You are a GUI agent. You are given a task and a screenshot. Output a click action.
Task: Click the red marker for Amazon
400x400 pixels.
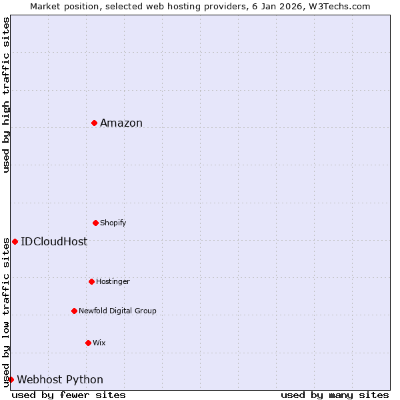95,123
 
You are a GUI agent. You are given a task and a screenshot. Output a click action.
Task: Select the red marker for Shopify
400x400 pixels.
96,223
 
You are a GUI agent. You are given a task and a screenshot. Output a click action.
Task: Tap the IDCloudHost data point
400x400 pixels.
15,241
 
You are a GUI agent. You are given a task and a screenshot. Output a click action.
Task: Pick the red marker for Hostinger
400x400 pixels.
92,281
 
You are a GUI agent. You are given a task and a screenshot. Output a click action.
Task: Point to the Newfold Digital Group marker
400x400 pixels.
75,311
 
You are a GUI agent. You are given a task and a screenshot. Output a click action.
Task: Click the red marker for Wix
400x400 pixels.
88,343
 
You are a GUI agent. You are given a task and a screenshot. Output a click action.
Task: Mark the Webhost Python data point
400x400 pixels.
11,379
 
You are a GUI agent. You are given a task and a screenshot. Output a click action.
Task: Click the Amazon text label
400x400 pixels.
121,123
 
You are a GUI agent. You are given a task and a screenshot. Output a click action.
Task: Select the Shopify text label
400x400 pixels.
113,223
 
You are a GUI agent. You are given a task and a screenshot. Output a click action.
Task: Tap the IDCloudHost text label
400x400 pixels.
54,242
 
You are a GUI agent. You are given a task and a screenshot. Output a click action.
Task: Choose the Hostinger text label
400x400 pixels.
113,281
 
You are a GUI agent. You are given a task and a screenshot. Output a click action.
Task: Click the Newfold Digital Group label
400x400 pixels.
117,311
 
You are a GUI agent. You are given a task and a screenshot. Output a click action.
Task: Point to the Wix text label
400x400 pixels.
99,343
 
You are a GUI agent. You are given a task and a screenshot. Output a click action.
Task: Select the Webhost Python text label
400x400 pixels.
60,380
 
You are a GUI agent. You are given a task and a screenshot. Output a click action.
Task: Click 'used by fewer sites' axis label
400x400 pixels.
69,395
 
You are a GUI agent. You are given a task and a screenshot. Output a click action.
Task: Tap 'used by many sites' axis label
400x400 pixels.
335,395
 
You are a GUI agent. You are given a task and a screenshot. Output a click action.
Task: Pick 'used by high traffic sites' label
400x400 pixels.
6,95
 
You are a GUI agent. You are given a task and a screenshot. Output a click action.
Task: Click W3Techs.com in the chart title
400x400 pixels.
343,6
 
